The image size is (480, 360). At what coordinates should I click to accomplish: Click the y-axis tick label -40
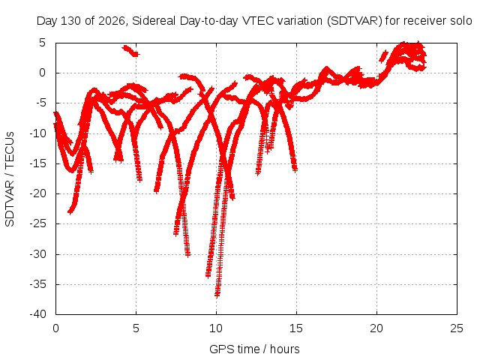pos(37,314)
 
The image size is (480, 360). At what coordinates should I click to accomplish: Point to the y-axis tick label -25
pos(37,223)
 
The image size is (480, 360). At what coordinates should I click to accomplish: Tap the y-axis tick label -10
pos(37,133)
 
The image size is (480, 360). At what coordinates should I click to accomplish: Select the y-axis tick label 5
pos(42,43)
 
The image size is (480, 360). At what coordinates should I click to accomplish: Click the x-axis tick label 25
pos(457,328)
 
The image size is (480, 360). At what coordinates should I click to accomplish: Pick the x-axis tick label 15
pos(296,328)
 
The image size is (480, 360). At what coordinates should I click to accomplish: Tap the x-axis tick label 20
pos(376,328)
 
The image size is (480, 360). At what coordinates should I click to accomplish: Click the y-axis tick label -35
pos(37,284)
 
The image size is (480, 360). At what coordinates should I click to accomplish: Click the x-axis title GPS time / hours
pos(254,349)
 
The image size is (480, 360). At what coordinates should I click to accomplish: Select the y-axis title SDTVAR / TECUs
pos(10,179)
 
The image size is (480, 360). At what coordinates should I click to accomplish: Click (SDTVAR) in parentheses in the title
pos(355,21)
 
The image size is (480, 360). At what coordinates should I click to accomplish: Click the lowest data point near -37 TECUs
pos(217,295)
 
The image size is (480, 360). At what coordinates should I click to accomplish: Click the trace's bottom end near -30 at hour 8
pos(188,254)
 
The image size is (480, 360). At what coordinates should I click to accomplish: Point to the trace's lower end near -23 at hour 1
pos(70,211)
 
